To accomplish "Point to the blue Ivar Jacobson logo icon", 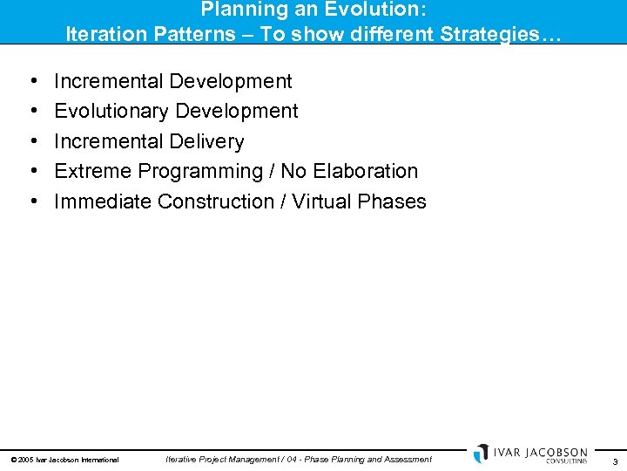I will tap(482, 454).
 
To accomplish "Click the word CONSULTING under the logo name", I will tap(566, 461).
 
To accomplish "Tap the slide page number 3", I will tap(615, 461).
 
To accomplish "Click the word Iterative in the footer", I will tap(183, 459).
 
